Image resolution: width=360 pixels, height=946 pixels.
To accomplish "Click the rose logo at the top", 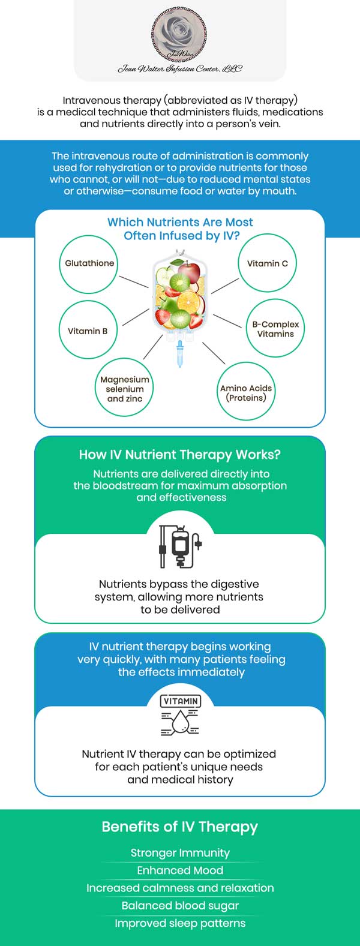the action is (180, 36).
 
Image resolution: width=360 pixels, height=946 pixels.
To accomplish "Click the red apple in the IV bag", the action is (189, 272).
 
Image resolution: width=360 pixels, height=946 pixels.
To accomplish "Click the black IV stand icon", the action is (180, 546).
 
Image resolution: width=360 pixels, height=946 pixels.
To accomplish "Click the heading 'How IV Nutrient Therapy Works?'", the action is (180, 455).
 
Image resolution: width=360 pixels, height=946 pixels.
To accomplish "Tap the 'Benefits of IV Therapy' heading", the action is (180, 827).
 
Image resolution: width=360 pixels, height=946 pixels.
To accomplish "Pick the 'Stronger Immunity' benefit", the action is (180, 852).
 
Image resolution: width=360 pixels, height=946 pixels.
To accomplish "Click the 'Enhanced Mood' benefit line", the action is (180, 870).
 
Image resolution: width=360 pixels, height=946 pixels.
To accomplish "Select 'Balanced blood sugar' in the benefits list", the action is (180, 905).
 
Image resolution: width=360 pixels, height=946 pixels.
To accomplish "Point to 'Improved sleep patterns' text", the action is (180, 923).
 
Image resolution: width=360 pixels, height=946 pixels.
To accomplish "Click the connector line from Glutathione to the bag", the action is (134, 282).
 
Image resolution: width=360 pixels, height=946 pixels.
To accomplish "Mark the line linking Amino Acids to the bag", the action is (214, 353).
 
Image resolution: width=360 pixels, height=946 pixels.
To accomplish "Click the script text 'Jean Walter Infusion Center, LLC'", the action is (180, 68).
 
